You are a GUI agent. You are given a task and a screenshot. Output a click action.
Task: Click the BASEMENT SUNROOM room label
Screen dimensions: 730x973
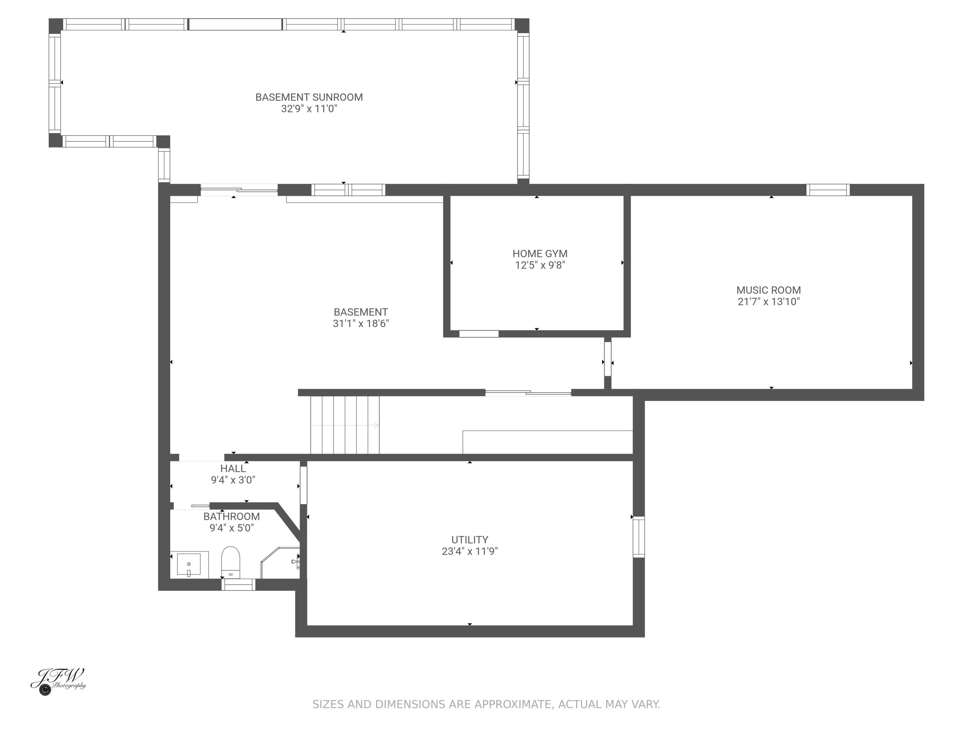click(x=309, y=97)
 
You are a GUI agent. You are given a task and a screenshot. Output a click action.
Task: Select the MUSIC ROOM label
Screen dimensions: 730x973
click(x=768, y=290)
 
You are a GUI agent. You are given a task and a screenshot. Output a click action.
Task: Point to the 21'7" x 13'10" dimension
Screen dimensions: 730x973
click(x=768, y=302)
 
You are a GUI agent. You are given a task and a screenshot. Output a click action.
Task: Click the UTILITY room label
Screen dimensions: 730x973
click(x=469, y=540)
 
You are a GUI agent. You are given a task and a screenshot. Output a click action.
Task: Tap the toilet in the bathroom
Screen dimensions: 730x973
click(x=231, y=562)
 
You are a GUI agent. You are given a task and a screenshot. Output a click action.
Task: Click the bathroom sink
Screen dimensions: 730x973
click(x=189, y=564)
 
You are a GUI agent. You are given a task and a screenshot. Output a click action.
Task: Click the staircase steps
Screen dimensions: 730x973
click(x=344, y=425)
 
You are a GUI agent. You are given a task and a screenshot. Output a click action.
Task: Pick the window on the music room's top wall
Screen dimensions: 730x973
click(x=828, y=190)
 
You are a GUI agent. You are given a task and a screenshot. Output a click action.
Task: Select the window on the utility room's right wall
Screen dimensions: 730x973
click(x=638, y=537)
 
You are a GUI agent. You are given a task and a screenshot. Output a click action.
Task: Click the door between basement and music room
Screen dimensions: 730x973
click(x=607, y=359)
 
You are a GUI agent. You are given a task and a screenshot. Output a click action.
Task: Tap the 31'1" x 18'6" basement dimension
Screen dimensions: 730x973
click(x=361, y=324)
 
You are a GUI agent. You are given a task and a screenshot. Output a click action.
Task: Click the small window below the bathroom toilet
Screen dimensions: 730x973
click(x=238, y=584)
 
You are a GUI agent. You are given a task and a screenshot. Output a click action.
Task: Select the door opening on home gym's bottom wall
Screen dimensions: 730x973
click(x=479, y=334)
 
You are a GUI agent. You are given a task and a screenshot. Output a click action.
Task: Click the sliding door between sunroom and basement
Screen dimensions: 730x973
click(x=239, y=190)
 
